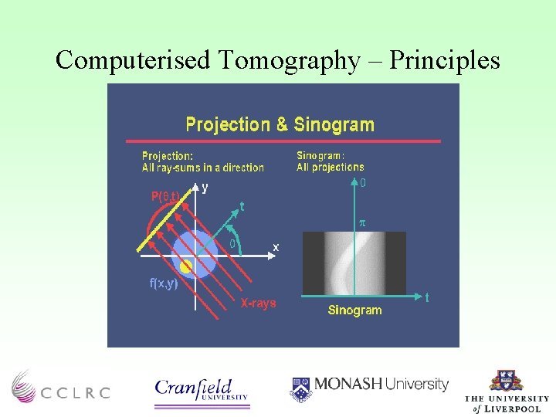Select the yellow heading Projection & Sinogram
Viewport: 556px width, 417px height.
tap(280, 124)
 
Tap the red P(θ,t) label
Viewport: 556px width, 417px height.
tap(165, 196)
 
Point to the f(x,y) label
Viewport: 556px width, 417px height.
tap(163, 283)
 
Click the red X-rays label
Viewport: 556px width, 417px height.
tap(258, 303)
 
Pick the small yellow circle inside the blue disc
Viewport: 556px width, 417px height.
tap(185, 266)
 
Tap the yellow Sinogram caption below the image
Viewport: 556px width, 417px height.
tap(354, 310)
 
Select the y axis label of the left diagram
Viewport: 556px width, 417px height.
tap(205, 187)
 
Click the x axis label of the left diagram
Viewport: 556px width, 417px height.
tap(276, 247)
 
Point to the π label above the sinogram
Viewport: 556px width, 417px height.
tap(361, 222)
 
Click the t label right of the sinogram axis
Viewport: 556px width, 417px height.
tap(428, 297)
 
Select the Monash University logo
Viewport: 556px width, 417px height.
tap(369, 386)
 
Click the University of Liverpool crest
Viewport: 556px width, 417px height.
tap(507, 381)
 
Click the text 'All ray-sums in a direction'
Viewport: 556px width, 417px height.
tap(202, 168)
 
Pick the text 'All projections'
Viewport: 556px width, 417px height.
tap(330, 167)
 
